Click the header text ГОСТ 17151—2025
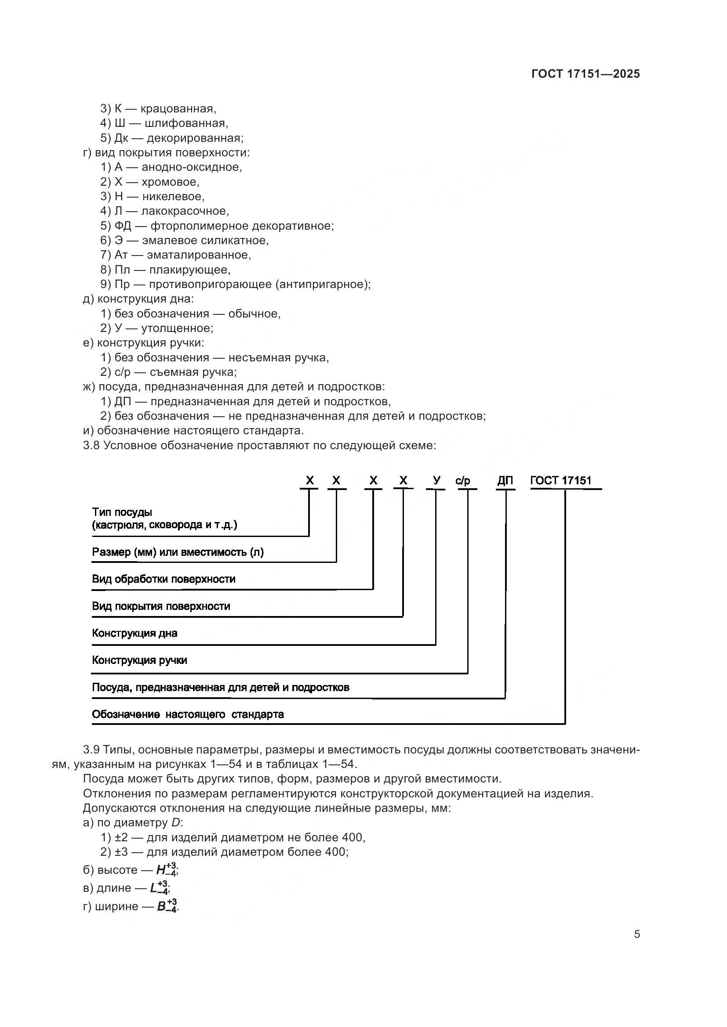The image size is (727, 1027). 585,74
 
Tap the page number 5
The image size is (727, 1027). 636,934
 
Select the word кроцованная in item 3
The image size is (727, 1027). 178,109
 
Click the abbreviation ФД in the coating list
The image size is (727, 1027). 123,226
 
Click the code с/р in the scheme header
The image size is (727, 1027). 463,481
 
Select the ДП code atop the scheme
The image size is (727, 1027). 505,481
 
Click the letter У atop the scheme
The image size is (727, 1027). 436,480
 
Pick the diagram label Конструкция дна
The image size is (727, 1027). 134,633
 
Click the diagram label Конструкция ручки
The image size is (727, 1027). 139,660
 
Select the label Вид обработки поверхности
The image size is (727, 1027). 164,579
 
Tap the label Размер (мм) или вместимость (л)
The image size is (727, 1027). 178,552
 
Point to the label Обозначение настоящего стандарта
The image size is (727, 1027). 188,714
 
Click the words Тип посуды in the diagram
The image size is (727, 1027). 122,512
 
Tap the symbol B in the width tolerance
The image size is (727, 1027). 162,907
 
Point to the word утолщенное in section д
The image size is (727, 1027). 177,328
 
